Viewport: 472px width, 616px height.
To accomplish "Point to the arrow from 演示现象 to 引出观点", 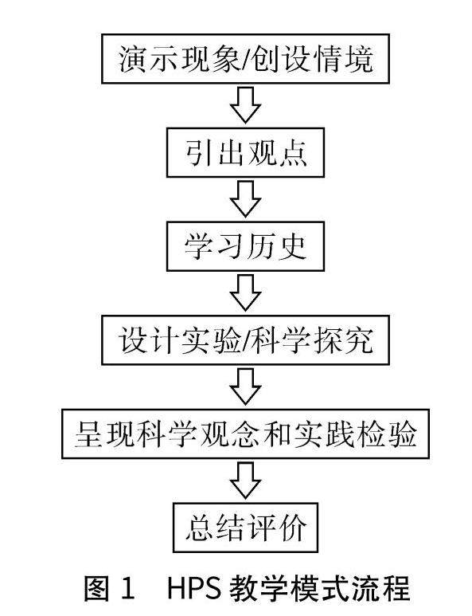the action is pos(246,105).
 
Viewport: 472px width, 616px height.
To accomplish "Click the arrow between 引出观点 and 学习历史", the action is pos(246,199).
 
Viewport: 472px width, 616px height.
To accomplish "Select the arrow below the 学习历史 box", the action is pos(246,293).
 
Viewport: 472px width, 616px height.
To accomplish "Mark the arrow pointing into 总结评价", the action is pos(246,481).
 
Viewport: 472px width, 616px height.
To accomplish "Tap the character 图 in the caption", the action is pos(97,588).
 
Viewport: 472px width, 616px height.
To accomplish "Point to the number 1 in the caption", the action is pos(128,588).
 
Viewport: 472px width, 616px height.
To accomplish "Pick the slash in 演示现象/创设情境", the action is pos(246,59).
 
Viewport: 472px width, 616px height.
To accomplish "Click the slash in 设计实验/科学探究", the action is pos(246,340).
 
